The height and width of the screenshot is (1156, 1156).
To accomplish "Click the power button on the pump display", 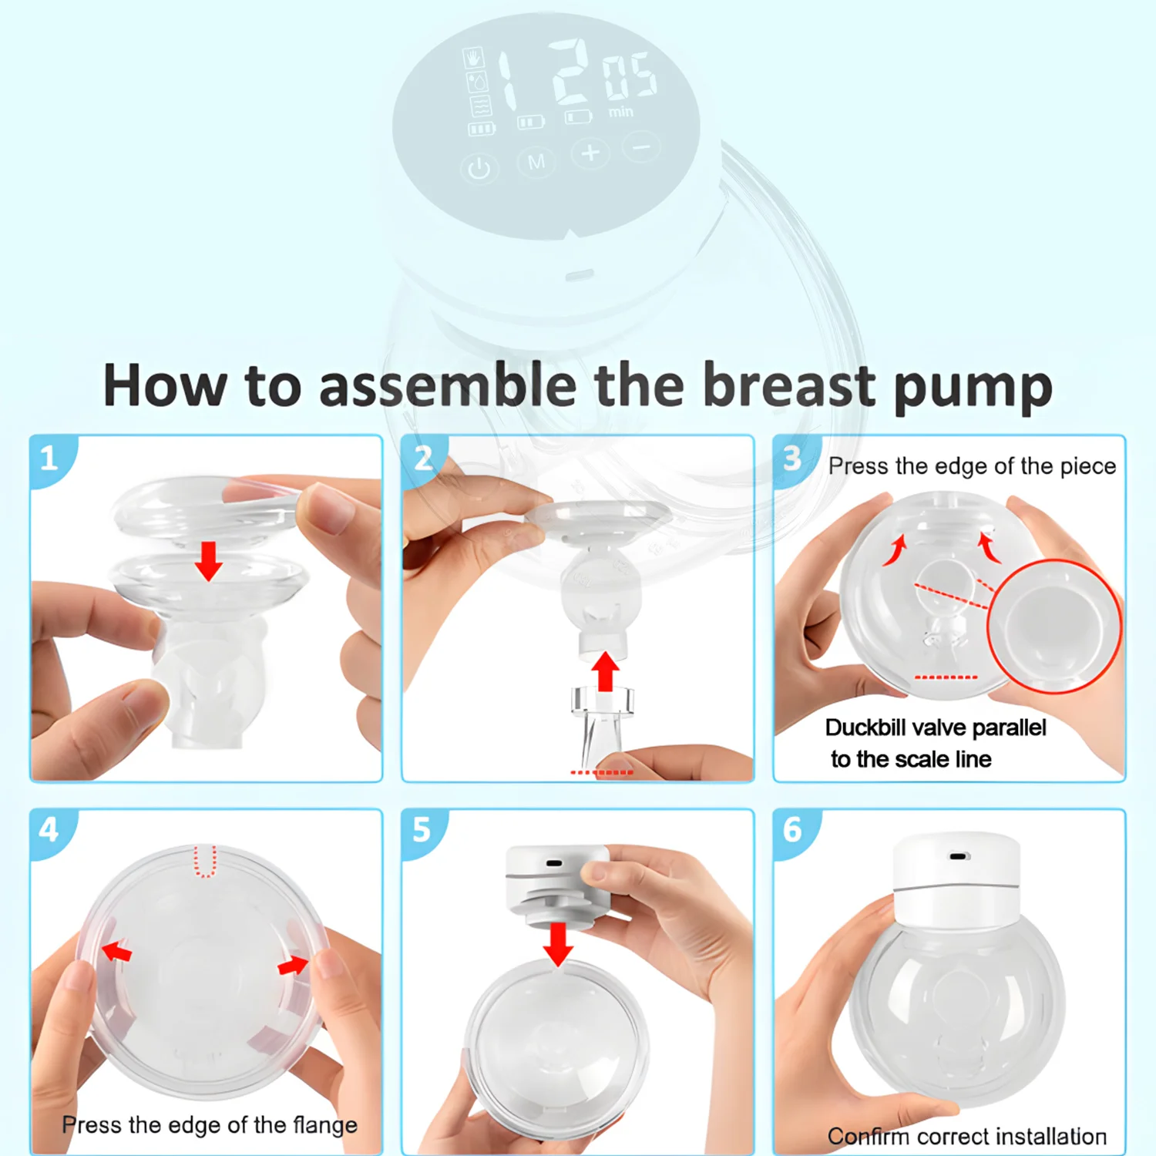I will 479,169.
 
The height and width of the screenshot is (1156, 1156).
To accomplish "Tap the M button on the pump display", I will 536,162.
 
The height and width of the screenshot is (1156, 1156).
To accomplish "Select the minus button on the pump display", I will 642,146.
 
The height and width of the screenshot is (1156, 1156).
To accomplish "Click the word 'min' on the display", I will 621,113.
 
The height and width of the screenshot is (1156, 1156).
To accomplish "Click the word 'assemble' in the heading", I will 447,385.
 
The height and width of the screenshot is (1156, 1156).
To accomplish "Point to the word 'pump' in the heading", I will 973,388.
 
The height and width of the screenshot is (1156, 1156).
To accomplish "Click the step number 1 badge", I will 49,459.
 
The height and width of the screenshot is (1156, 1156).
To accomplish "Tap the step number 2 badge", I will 423,459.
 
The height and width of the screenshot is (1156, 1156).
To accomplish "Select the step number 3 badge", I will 792,459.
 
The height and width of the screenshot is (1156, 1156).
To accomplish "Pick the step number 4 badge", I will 49,830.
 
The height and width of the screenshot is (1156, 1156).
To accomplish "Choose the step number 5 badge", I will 422,830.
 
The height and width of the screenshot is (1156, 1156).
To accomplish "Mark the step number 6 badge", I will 792,830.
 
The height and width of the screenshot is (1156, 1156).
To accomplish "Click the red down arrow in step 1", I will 208,560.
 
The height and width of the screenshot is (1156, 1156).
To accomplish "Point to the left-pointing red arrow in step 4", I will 117,951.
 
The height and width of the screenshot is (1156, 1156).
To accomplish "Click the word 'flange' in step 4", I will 325,1125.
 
